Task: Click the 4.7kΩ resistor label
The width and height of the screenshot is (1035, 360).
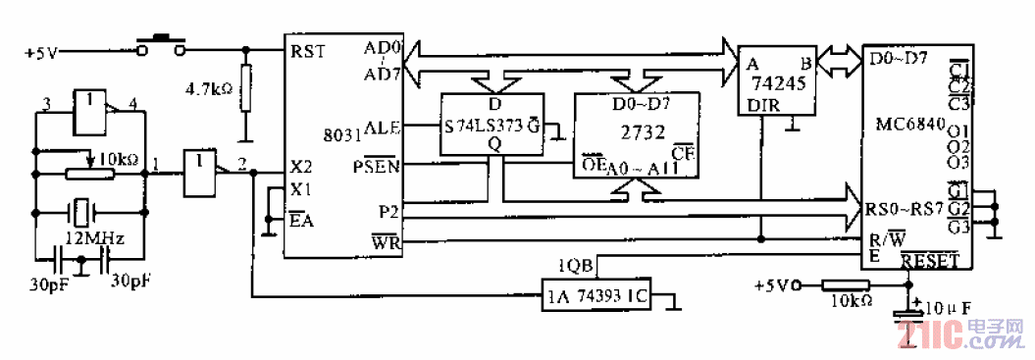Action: (x=208, y=88)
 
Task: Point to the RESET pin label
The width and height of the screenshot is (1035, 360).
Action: (x=928, y=259)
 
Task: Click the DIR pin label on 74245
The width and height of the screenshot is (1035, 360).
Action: (x=763, y=105)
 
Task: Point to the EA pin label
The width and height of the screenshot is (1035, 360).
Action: (x=300, y=220)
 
